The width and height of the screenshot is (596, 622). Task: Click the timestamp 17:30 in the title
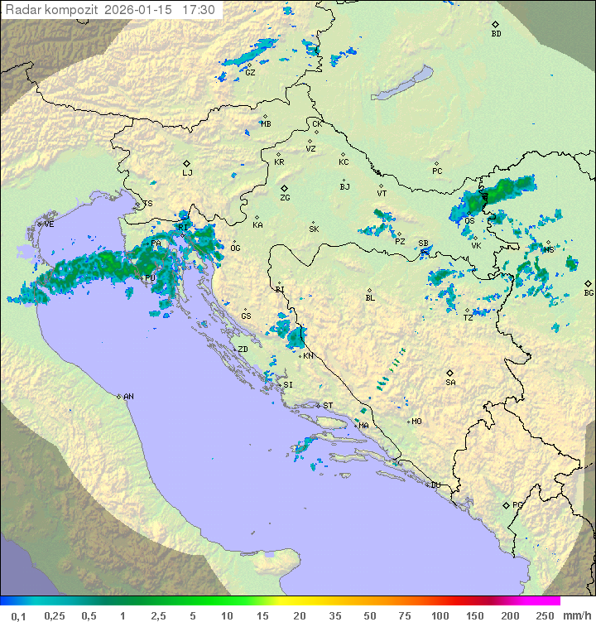tap(199, 10)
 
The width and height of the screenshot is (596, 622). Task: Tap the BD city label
tap(496, 34)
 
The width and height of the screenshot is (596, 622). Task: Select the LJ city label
tap(187, 173)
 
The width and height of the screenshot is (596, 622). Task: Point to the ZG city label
tap(285, 198)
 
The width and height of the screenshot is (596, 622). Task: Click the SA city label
tap(450, 383)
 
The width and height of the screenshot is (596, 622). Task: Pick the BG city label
tap(589, 293)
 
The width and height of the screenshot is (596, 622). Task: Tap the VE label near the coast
tap(49, 224)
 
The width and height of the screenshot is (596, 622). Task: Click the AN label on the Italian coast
tap(128, 397)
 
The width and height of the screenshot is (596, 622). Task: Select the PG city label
tap(517, 504)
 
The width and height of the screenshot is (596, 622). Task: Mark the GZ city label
tap(250, 72)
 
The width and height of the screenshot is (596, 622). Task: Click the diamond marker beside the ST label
tap(318, 406)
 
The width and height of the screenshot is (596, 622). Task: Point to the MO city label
tap(416, 422)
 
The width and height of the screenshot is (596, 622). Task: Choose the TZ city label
tap(469, 318)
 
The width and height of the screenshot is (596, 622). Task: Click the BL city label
tap(370, 298)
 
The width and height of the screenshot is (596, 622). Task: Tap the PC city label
tap(437, 171)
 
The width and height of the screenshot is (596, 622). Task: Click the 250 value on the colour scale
tap(545, 615)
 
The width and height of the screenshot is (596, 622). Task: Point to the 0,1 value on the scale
tap(19, 615)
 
